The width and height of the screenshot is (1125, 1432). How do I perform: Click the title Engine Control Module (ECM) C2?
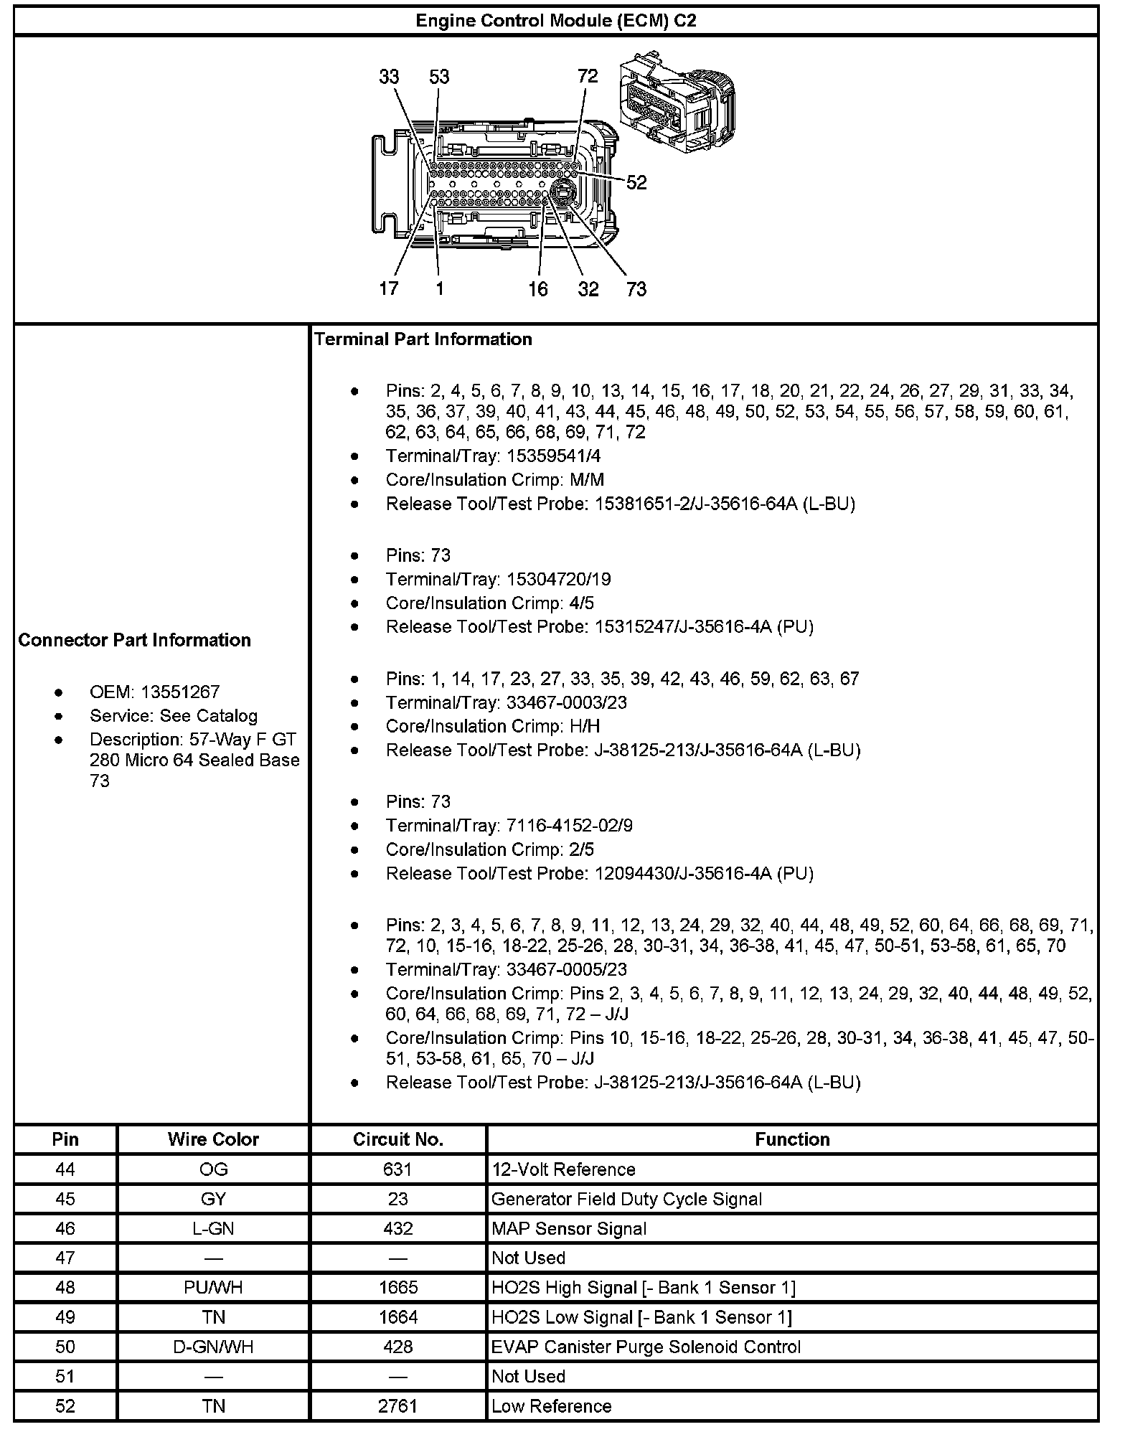[x=556, y=21]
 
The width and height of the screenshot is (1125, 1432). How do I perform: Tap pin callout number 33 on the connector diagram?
[x=389, y=77]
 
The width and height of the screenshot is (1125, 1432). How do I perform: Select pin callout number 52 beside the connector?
[x=636, y=183]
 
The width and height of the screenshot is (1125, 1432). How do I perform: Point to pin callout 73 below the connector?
[x=636, y=289]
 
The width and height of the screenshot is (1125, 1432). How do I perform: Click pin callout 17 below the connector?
[x=389, y=288]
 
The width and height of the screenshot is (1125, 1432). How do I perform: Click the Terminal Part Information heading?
[x=423, y=339]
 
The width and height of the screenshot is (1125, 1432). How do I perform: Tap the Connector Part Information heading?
[x=135, y=640]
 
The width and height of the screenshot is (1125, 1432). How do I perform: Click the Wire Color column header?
[x=213, y=1139]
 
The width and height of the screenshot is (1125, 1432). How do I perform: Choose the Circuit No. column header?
[x=397, y=1139]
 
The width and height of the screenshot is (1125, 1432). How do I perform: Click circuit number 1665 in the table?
[x=397, y=1288]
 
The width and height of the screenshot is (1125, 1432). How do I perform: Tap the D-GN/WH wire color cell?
[x=213, y=1347]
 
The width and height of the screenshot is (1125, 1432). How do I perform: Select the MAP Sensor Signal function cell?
[x=569, y=1229]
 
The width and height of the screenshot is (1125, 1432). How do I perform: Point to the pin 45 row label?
[x=65, y=1200]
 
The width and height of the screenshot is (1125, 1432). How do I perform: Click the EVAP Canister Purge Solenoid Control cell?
[x=646, y=1347]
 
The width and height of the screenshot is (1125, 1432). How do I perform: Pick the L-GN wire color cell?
[x=213, y=1229]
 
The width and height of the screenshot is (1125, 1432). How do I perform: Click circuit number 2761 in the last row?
[x=397, y=1406]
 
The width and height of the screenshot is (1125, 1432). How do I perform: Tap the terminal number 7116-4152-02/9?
[x=570, y=826]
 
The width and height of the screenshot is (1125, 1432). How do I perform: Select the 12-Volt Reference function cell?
[x=563, y=1169]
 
